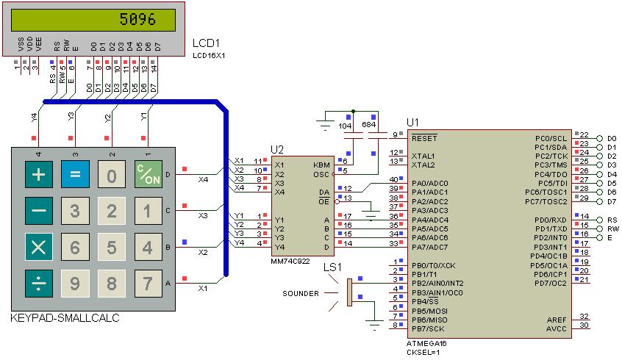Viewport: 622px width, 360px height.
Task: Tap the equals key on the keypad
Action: (74, 176)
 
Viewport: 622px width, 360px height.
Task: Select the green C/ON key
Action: (149, 176)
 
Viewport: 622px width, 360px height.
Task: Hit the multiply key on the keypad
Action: (37, 247)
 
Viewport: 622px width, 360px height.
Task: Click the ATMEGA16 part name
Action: (426, 343)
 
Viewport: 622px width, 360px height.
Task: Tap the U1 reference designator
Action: (412, 122)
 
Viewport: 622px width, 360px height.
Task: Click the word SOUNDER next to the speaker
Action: (301, 294)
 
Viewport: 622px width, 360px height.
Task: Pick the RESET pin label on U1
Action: (424, 137)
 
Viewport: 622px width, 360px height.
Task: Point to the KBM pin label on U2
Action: (321, 164)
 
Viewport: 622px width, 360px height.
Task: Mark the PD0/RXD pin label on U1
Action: (551, 220)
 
